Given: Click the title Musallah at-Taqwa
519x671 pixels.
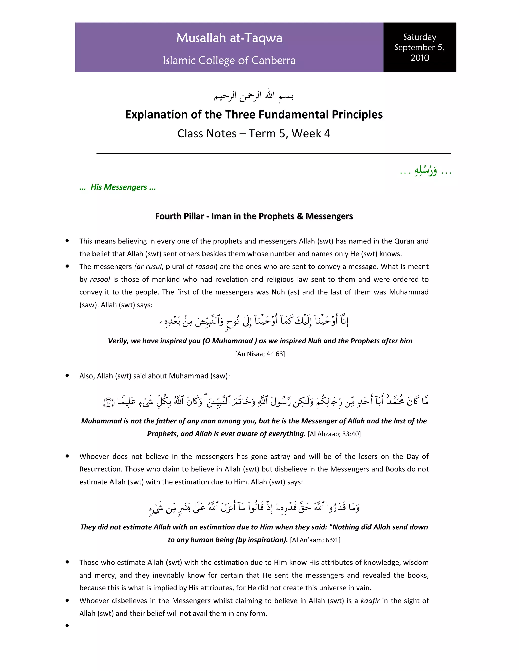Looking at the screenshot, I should click(229, 38).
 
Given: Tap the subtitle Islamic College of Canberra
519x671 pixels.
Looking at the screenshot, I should click(229, 61).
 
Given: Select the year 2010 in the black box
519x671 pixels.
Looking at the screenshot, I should click(419, 58).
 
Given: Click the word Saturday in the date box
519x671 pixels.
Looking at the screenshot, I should click(419, 37).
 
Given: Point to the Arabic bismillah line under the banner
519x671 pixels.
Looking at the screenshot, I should click(254, 96).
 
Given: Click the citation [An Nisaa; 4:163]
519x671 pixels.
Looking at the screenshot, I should click(260, 354).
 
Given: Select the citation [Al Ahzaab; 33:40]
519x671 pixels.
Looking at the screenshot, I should click(334, 434).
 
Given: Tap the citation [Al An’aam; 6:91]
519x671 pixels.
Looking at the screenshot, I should click(315, 540).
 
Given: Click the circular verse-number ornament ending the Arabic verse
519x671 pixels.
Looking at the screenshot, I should click(108, 403).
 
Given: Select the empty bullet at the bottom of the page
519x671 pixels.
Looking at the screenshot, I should click(67, 625).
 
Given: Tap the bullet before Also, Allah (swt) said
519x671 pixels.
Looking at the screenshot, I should click(67, 376).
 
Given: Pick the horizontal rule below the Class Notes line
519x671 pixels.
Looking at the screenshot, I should click(273, 153).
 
